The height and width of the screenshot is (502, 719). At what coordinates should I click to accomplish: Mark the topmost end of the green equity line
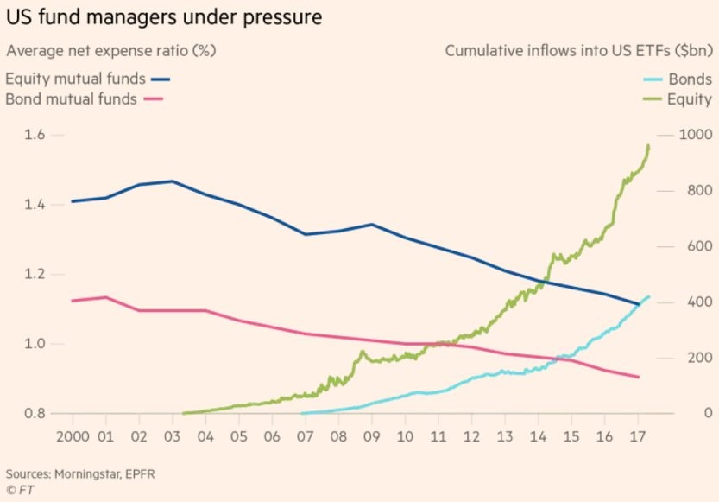coord(649,145)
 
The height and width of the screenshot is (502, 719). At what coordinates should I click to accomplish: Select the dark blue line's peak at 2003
coord(172,181)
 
